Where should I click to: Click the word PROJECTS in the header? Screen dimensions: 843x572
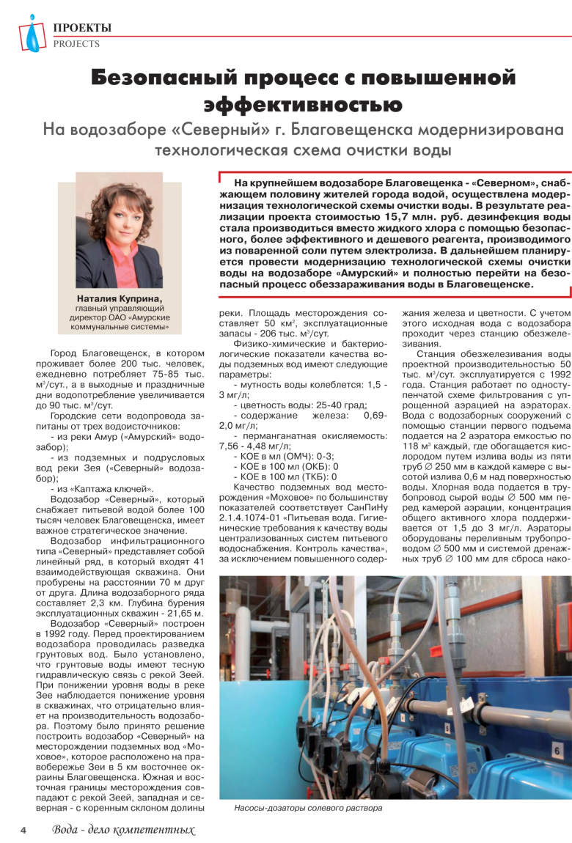76,44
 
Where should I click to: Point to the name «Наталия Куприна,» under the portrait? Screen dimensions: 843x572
120,298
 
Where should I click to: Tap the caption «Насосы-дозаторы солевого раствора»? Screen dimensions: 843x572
308,808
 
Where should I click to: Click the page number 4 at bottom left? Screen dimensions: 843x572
23,831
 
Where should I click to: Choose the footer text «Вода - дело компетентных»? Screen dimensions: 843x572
123,831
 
